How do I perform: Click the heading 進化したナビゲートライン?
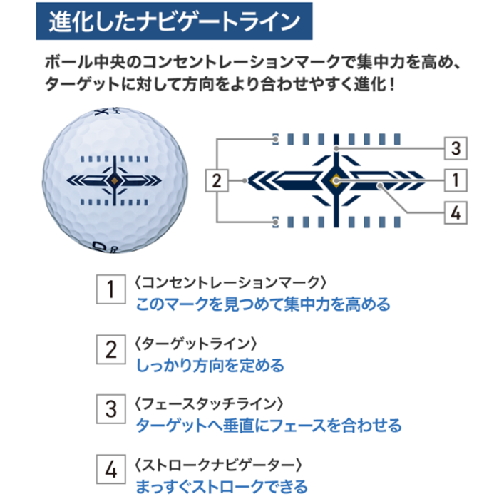[x=174, y=22]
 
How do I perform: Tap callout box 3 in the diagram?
[x=456, y=149]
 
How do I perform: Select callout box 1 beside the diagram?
[x=456, y=180]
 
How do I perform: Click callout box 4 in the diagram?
[x=456, y=212]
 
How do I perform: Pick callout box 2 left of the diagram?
[x=217, y=180]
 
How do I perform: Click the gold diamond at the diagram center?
[x=335, y=180]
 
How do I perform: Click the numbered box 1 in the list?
[x=110, y=289]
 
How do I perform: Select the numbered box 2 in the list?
[x=110, y=349]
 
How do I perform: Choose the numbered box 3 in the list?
[x=110, y=409]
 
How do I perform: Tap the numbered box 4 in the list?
[x=110, y=470]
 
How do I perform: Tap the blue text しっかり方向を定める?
[x=210, y=366]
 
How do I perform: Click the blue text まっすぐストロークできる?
[x=222, y=487]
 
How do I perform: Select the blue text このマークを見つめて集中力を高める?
[x=263, y=305]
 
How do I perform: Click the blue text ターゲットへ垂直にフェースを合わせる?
[x=268, y=426]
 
